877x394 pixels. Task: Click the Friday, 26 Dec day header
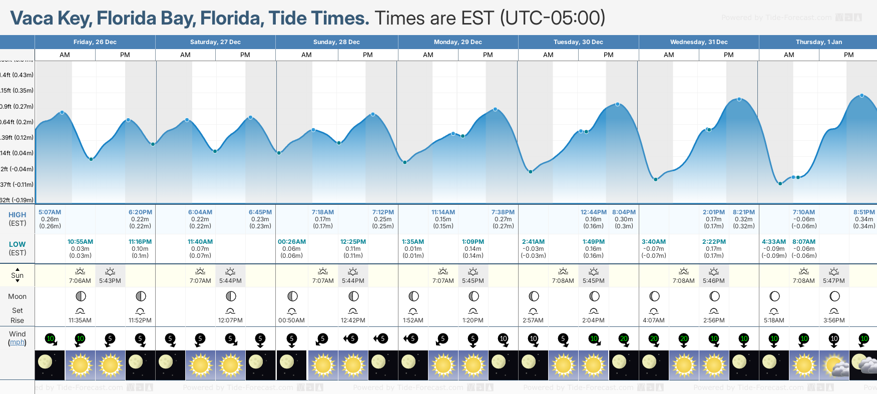pos(95,42)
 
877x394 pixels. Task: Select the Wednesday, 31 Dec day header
pos(699,42)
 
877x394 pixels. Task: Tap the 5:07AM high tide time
pos(50,212)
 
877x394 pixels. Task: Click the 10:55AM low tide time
pos(80,242)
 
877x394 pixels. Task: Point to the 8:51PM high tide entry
pos(864,212)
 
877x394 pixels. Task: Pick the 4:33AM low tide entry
pos(774,242)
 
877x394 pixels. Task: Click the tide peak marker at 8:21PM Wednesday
pos(739,99)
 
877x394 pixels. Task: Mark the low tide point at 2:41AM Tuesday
pos(531,172)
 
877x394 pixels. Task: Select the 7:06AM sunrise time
pos(80,281)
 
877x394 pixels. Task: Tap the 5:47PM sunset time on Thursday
pos(834,281)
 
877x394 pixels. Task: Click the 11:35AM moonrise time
pos(80,320)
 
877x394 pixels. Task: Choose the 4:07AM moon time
pos(654,320)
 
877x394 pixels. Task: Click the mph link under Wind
pos(17,342)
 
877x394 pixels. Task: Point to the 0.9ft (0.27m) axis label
pos(17,106)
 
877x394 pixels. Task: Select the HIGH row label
pos(17,215)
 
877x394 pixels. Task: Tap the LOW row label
pos(17,244)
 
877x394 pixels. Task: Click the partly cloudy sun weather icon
pos(834,365)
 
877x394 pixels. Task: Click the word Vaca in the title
pos(32,19)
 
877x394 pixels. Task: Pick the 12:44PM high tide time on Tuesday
pos(593,212)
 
